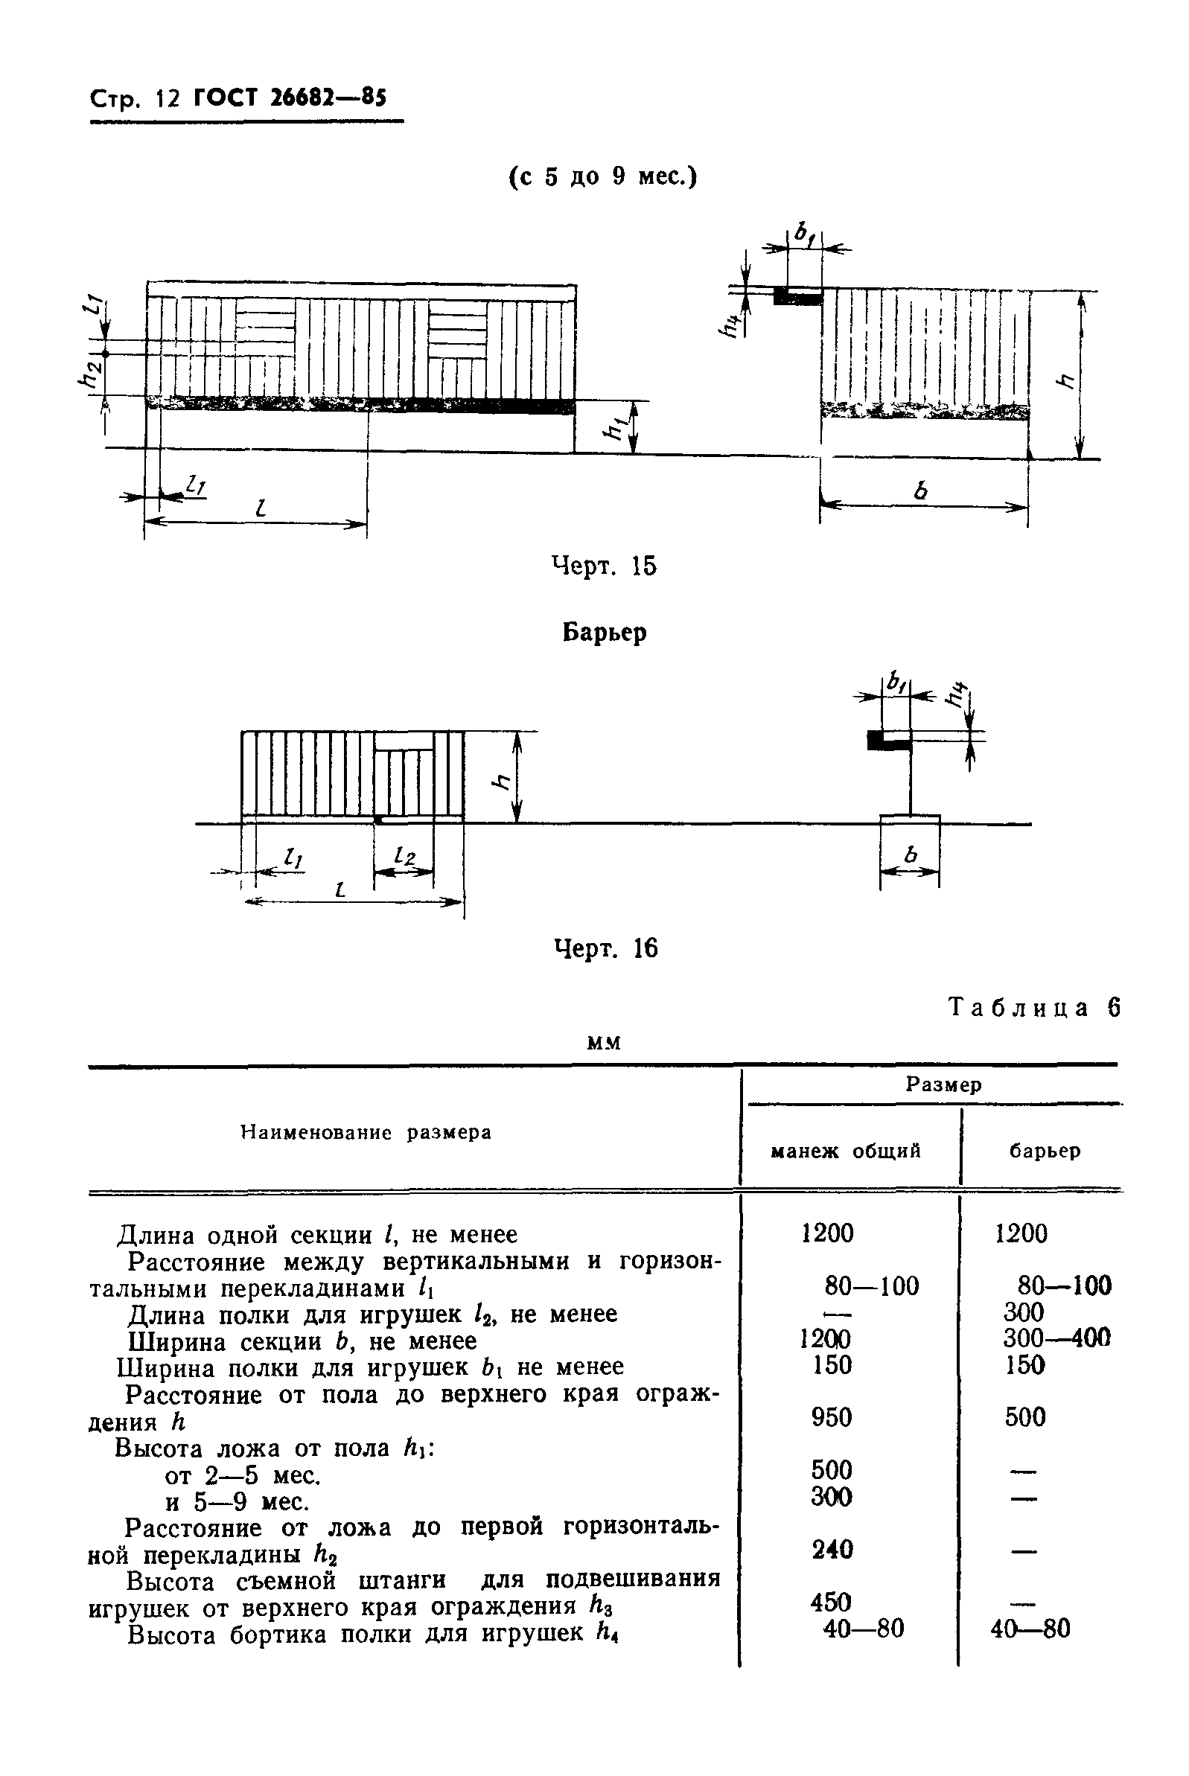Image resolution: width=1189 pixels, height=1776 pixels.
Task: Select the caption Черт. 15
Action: [604, 566]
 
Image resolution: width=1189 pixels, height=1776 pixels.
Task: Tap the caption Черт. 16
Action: [605, 948]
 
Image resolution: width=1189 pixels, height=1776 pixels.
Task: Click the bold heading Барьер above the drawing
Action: [605, 632]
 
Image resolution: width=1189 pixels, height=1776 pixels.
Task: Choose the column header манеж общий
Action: [846, 1151]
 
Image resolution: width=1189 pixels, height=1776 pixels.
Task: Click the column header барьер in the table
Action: [1044, 1151]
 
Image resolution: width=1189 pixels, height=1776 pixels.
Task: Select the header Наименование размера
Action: [366, 1132]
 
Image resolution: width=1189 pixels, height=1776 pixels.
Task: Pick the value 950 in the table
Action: [831, 1417]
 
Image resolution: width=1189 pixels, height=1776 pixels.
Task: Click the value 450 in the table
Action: [831, 1602]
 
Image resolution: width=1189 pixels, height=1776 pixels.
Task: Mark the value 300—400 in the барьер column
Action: [1056, 1338]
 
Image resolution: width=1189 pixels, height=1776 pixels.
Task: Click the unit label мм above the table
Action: [605, 1044]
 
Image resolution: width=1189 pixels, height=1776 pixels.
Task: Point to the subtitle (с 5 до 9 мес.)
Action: [603, 176]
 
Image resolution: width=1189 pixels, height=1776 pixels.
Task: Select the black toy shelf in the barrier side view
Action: [889, 741]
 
